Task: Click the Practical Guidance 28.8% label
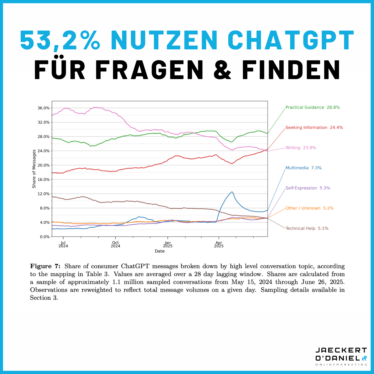tap(313, 107)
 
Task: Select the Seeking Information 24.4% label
tap(314, 127)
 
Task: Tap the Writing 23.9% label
tap(301, 148)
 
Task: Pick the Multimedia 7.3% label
tap(303, 168)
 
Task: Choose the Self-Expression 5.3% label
tap(308, 188)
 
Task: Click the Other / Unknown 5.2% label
tap(309, 208)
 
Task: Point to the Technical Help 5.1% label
tap(307, 228)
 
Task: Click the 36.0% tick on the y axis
tap(44, 108)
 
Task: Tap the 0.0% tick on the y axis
tap(45, 237)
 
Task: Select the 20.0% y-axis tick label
tap(44, 165)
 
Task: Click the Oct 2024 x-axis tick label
tap(115, 244)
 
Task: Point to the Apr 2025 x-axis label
tap(219, 244)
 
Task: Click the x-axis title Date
tap(160, 251)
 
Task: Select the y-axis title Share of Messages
tap(34, 169)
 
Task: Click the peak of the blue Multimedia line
tap(232, 192)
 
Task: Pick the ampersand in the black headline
tap(222, 70)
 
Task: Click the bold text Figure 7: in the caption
tap(45, 266)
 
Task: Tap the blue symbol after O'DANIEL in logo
tap(364, 358)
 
